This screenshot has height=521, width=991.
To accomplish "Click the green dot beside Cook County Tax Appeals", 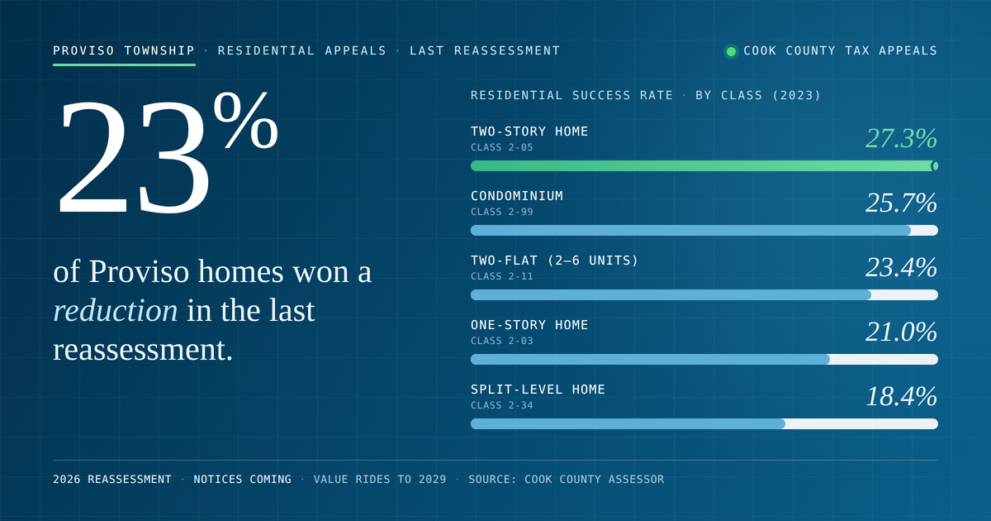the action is coord(731,51).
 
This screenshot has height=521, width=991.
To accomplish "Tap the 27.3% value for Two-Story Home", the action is coord(901,138).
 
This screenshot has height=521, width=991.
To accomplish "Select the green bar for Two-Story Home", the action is coord(704,166).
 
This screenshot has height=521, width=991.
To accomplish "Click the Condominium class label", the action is coord(517,196).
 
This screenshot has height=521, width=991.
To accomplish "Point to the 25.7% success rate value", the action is coord(901,203).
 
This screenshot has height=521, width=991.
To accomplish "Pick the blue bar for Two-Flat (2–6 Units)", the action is coord(671,294).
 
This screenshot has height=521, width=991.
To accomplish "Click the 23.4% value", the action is coord(901,268).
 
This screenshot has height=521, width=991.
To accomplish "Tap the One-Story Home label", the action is coord(529,325).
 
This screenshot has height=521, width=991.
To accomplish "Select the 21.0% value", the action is coord(901,332).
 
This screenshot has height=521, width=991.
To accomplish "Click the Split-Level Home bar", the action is coord(628,424).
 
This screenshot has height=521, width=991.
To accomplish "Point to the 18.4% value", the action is coord(901,396).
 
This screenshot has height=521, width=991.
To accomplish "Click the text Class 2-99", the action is coord(502,212).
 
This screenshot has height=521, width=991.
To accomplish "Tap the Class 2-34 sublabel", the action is coord(502,405).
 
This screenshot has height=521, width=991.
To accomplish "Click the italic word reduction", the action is coord(116,310).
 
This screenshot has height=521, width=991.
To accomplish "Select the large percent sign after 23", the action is coord(245,120).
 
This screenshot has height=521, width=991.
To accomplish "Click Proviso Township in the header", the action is coord(124,51).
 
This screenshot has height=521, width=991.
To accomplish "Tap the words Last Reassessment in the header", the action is coord(485,51).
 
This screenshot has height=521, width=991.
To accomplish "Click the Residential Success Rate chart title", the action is coord(646,96).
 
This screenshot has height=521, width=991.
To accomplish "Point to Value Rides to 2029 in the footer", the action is coord(380,480).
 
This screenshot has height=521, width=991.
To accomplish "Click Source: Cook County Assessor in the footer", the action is coord(567,480).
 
